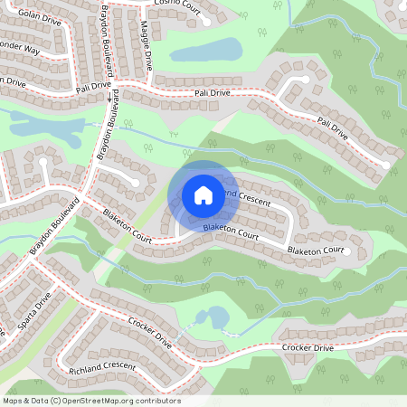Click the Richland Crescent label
click(101, 368)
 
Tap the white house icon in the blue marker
click(203, 194)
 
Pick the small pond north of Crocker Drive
click(216, 317)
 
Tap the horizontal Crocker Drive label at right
click(308, 348)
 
